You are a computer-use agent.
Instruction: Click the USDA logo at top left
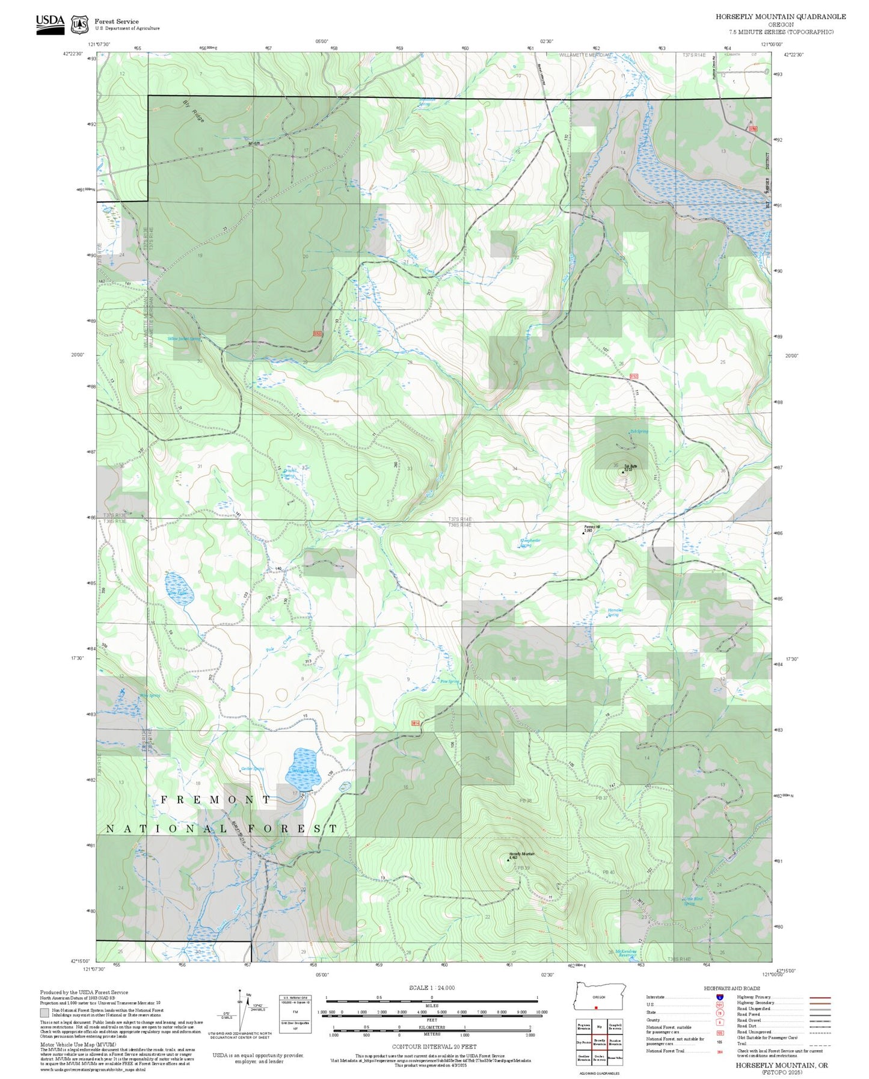click(x=50, y=24)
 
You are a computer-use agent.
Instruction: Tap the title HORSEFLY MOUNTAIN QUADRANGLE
click(x=780, y=16)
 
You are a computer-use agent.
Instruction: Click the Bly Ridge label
click(x=194, y=111)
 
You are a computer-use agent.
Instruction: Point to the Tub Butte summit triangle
click(x=623, y=472)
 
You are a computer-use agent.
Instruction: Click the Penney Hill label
click(x=592, y=527)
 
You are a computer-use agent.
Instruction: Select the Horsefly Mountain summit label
click(x=521, y=853)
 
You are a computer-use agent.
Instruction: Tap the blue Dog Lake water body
click(x=177, y=585)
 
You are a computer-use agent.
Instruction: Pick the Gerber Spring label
click(x=252, y=769)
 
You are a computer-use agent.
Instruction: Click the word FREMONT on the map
click(x=215, y=800)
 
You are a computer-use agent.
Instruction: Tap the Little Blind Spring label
click(x=693, y=901)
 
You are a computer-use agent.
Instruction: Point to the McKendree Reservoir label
click(x=625, y=954)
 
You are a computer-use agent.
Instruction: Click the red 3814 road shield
click(x=416, y=723)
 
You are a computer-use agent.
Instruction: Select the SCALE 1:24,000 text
click(x=431, y=988)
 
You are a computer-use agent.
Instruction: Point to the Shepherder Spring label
click(x=530, y=543)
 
